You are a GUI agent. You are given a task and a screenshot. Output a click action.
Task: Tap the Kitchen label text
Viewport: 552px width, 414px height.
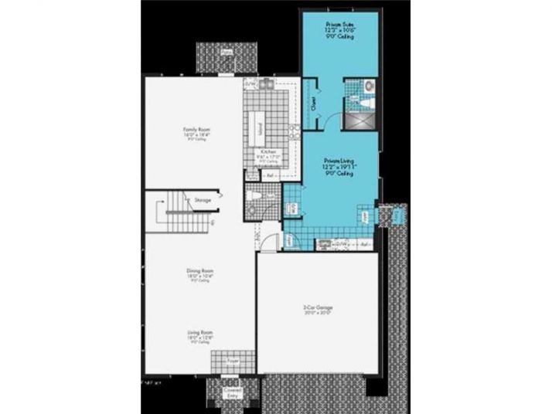tap(268, 152)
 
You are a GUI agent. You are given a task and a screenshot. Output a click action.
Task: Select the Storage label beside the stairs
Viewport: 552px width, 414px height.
tap(203, 199)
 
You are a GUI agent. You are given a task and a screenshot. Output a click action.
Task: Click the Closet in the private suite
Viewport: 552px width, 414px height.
tap(314, 103)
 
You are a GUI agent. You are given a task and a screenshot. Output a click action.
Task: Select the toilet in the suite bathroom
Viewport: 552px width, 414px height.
tap(369, 87)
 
